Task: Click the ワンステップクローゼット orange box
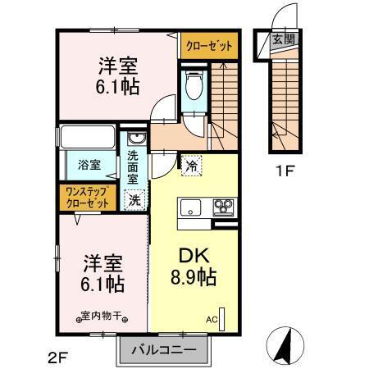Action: click(87, 197)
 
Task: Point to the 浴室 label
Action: click(90, 164)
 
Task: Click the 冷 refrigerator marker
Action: click(191, 164)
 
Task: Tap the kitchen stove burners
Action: click(224, 207)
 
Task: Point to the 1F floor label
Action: click(285, 173)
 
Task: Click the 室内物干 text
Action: click(102, 314)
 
